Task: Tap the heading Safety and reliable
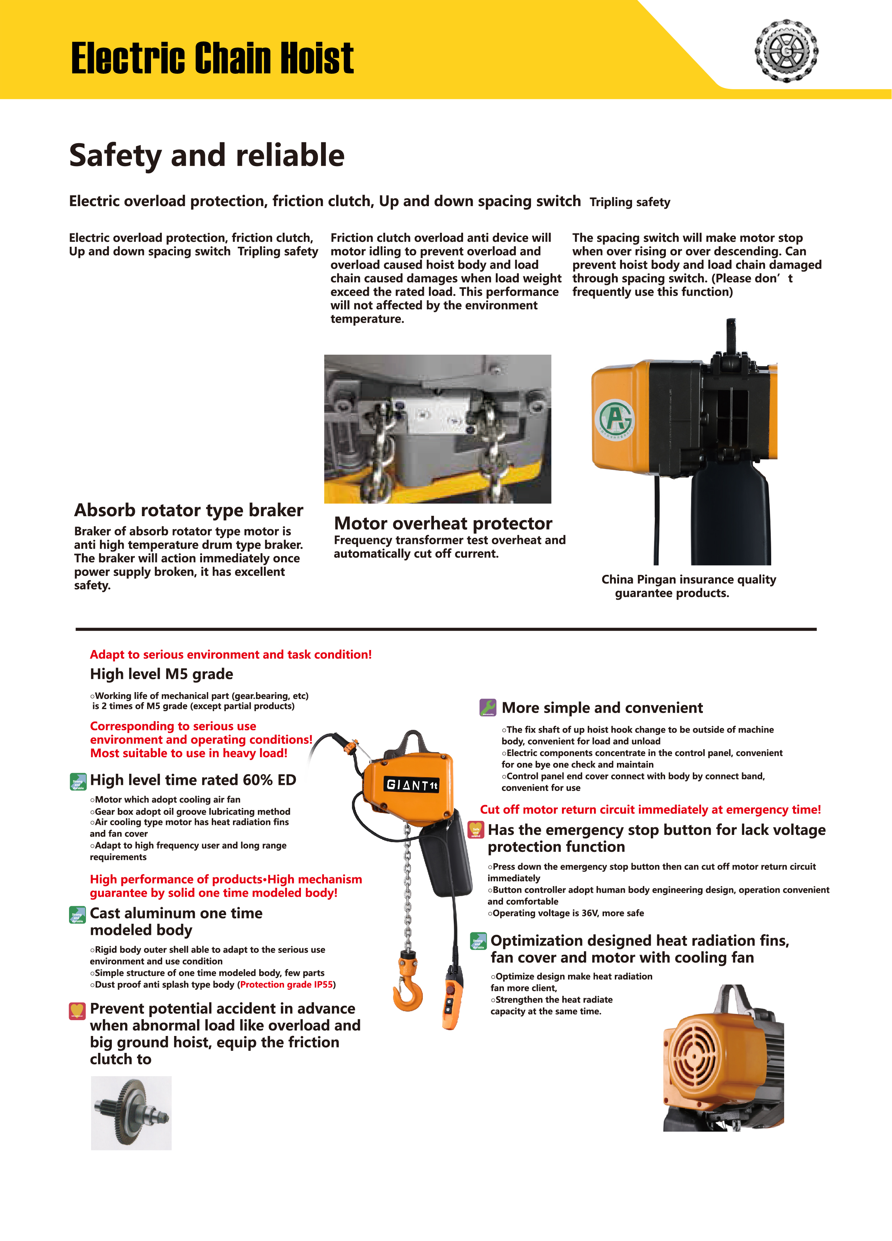(207, 155)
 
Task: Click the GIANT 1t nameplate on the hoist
(412, 785)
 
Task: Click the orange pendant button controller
(452, 1000)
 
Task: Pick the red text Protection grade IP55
(286, 985)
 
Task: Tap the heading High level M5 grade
(161, 674)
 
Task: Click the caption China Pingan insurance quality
(689, 579)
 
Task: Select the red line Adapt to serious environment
(230, 654)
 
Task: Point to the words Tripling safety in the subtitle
(630, 202)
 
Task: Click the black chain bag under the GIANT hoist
(446, 859)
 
